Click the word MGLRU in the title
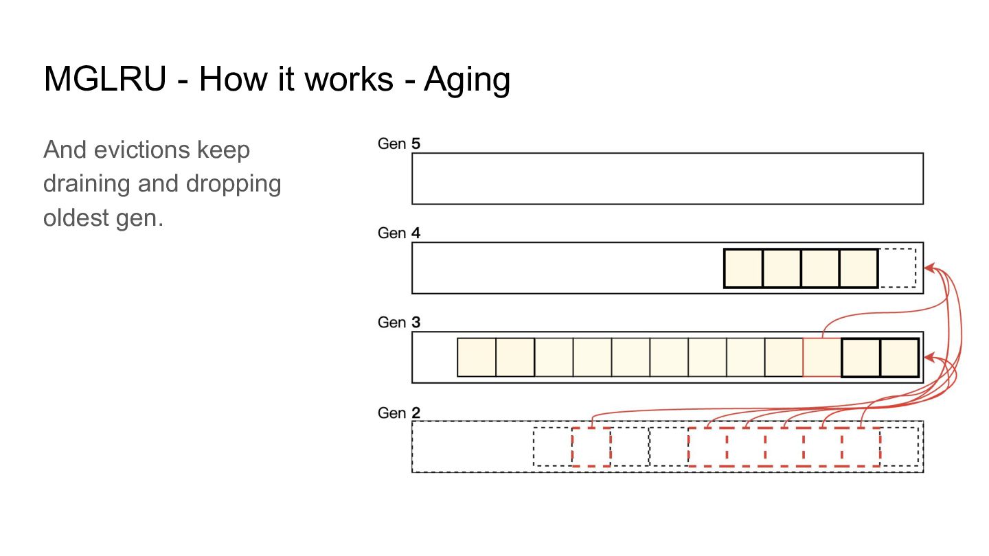(x=105, y=79)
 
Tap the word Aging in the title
(x=467, y=80)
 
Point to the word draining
(x=87, y=184)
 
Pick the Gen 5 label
(x=398, y=143)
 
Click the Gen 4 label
(x=398, y=233)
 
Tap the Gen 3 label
(x=398, y=322)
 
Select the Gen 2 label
(x=398, y=413)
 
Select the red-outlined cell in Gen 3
(x=822, y=358)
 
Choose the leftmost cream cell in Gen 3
(x=477, y=358)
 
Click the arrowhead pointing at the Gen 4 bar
(x=930, y=268)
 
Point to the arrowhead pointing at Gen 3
(x=930, y=358)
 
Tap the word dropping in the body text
(x=234, y=184)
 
